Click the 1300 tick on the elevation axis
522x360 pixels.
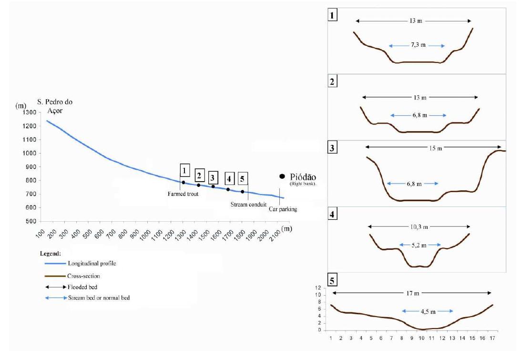tap(30, 113)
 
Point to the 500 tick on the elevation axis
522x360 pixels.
tap(31, 222)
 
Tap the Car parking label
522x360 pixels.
tap(283, 208)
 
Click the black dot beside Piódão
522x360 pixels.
tap(282, 176)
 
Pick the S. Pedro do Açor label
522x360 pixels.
tap(55, 106)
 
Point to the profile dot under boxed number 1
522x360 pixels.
tap(183, 183)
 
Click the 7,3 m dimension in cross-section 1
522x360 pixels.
tap(417, 45)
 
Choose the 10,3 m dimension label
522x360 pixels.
tap(419, 226)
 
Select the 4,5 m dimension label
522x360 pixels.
tap(427, 311)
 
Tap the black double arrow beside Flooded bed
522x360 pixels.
tap(56, 287)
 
